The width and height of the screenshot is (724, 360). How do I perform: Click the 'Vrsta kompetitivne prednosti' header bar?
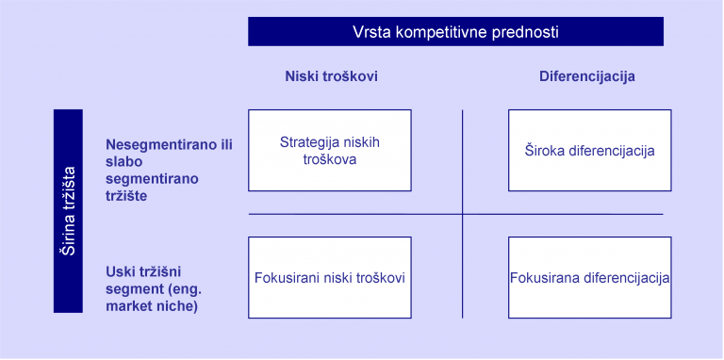[455, 31]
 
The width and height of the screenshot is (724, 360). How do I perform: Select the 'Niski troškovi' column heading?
[331, 77]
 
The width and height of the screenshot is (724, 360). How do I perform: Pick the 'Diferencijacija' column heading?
[586, 77]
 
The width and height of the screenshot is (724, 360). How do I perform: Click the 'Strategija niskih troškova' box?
[329, 151]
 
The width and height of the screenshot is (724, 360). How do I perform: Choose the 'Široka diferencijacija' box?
[589, 151]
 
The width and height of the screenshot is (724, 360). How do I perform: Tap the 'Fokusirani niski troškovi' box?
[329, 278]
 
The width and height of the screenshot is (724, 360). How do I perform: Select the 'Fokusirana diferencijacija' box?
[589, 278]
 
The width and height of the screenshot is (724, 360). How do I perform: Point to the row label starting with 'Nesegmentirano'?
[169, 170]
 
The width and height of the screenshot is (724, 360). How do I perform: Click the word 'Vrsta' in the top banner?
[371, 32]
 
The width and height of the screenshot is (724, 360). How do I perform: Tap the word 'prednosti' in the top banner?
[529, 32]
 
